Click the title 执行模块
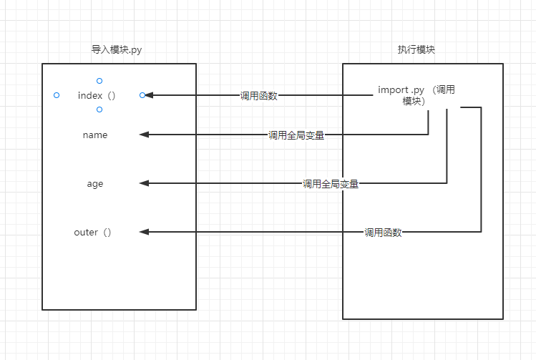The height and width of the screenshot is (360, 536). click(x=416, y=50)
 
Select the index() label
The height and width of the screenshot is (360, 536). click(x=97, y=95)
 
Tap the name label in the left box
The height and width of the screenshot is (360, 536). click(x=95, y=135)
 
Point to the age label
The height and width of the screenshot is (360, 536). click(x=95, y=184)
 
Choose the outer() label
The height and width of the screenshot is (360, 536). click(x=93, y=232)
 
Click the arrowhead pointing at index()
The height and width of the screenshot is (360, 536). click(x=149, y=95)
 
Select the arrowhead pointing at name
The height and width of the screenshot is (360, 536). click(x=144, y=135)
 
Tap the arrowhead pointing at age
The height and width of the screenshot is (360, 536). click(x=144, y=184)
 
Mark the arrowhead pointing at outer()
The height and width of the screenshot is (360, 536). click(x=144, y=232)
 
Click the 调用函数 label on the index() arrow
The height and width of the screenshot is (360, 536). click(x=258, y=96)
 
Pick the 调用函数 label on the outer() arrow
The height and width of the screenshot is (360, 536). click(x=383, y=233)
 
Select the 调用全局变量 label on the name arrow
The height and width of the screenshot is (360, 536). click(x=296, y=135)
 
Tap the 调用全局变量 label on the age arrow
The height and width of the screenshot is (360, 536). click(x=330, y=185)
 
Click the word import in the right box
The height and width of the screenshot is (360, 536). click(x=393, y=89)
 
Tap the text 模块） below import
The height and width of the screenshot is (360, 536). click(x=414, y=102)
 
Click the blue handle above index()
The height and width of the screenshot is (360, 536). click(x=99, y=81)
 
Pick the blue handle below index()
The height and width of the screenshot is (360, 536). click(x=99, y=110)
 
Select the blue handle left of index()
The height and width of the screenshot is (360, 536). click(x=57, y=95)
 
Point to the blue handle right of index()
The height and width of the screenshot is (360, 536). click(x=142, y=95)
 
